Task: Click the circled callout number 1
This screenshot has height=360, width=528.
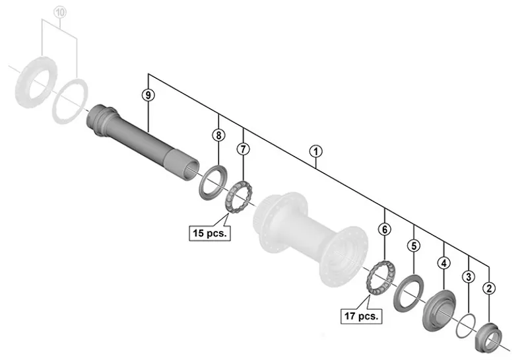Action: (316, 151)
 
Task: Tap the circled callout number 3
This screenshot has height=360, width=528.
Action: (468, 277)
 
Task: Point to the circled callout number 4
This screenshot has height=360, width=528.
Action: (444, 263)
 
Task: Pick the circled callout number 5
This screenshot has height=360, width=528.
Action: (414, 246)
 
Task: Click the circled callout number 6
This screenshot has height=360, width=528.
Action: (385, 229)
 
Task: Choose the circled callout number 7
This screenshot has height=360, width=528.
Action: (244, 149)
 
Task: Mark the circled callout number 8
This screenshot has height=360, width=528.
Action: (218, 135)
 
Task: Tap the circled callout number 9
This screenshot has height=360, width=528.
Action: (148, 95)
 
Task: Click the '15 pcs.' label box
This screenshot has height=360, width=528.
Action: (210, 234)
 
